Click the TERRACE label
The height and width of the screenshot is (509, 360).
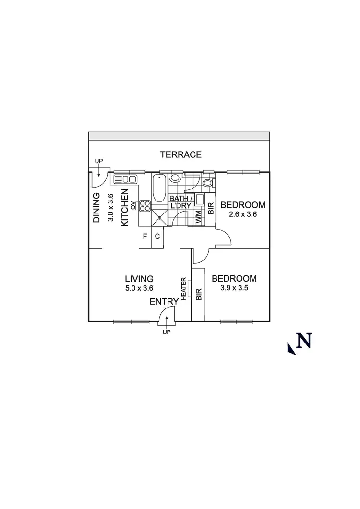pos(180,154)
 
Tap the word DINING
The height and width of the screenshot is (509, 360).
pos(96,208)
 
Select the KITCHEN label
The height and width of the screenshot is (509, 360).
pos(125,208)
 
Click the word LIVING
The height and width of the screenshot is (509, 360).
pos(139,279)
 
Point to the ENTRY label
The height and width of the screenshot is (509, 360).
pos(164,301)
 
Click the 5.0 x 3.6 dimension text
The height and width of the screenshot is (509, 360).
pos(139,288)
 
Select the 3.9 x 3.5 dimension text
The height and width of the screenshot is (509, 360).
pos(234,288)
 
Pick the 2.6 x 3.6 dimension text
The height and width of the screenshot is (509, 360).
pos(242,214)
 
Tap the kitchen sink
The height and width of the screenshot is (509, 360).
pos(125,179)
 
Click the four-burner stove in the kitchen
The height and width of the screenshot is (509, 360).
pos(144,206)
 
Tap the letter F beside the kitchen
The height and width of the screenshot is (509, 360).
pos(144,236)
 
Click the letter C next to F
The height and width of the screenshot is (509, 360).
pos(157,236)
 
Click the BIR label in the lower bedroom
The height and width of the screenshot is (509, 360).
pos(198,294)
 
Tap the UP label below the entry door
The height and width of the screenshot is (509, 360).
pos(167,332)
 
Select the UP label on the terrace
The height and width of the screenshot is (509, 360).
pos(99,161)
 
